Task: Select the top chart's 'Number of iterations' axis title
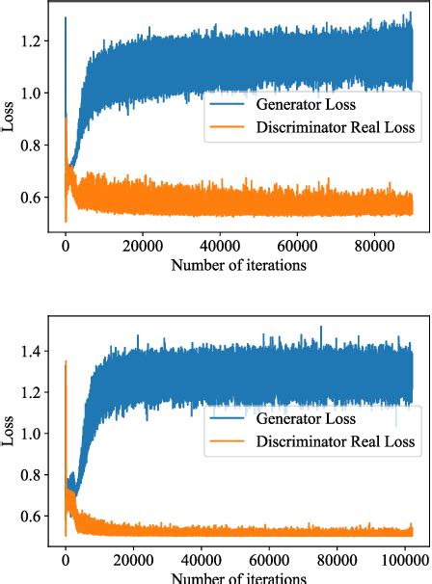239,262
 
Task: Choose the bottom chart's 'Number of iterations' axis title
239,577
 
